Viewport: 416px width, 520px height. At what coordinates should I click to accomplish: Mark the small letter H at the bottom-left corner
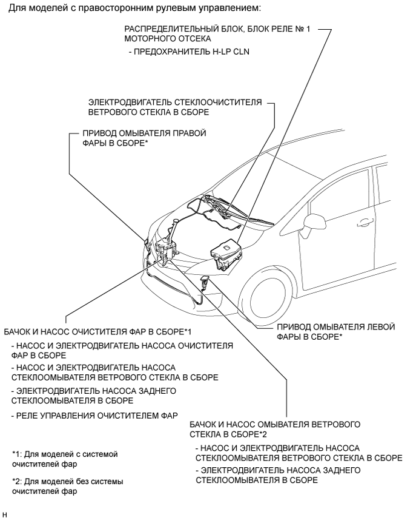5,515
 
